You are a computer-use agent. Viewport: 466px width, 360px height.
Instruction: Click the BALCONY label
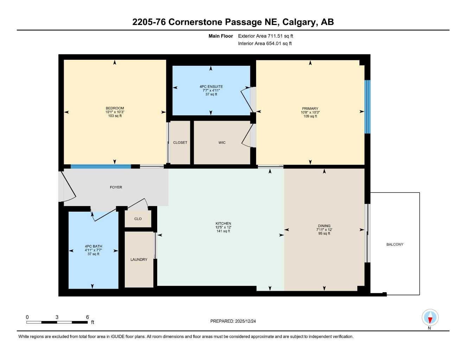coord(395,244)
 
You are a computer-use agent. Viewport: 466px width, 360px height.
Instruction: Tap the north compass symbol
coord(430,318)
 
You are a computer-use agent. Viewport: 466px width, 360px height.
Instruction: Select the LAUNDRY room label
coord(139,259)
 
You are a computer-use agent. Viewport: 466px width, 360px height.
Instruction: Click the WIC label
coord(222,142)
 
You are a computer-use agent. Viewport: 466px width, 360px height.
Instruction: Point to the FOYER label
coord(116,187)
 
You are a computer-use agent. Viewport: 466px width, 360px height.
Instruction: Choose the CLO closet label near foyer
coord(138,219)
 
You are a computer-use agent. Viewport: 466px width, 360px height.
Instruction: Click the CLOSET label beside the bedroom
coord(180,142)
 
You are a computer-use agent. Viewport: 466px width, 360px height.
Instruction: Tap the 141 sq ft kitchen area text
coord(223,231)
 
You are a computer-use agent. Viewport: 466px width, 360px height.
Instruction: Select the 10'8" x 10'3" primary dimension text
coord(310,112)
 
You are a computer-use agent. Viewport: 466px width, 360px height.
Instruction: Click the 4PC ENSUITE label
coord(211,86)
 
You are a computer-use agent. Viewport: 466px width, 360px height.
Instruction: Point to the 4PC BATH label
coord(94,246)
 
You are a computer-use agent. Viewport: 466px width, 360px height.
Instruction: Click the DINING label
coord(324,226)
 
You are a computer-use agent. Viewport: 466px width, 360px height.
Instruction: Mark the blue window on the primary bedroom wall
coord(368,107)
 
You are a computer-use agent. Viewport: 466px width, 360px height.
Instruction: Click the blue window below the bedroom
coord(101,167)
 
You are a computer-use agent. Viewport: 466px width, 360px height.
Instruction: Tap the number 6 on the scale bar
coord(88,317)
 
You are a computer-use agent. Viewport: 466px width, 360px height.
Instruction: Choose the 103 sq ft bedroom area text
coord(115,116)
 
